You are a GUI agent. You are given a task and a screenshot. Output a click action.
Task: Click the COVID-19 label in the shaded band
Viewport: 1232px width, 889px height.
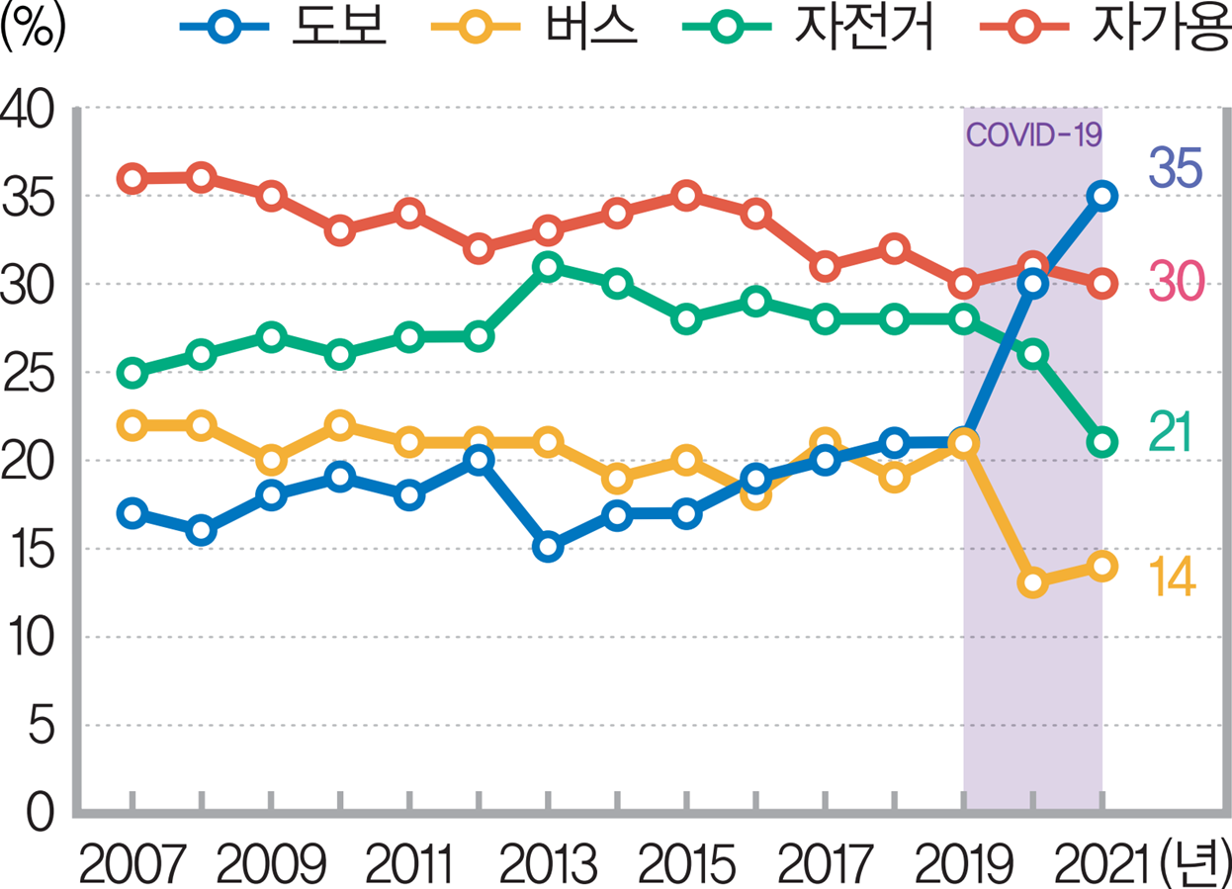(x=1032, y=134)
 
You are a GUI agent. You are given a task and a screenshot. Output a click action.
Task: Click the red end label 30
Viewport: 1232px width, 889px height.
(x=1174, y=285)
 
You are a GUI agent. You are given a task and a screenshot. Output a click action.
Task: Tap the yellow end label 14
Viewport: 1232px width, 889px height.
(x=1173, y=578)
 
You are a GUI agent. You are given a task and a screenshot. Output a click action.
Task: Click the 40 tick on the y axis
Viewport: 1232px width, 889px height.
(x=32, y=108)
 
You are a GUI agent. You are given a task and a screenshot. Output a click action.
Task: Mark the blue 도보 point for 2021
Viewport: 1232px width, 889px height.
(x=1101, y=196)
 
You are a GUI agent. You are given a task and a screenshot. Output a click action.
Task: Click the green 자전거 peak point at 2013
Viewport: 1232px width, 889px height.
(x=548, y=267)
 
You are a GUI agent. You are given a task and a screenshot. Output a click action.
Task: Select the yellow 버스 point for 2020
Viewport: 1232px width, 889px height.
(x=1033, y=583)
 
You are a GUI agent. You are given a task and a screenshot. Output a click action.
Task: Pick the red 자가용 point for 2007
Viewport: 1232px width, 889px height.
(x=132, y=179)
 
